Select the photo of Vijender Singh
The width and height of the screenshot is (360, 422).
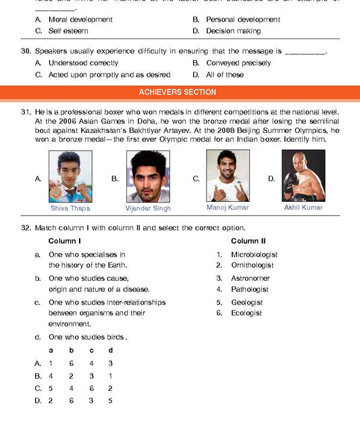148,176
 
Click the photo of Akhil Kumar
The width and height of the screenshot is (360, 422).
303,176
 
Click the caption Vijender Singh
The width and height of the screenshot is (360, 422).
148,208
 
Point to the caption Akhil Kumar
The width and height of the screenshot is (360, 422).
303,208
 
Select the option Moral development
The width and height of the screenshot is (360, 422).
80,20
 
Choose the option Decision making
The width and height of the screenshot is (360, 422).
233,31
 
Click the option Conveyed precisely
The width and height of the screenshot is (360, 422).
238,63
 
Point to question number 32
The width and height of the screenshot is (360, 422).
26,228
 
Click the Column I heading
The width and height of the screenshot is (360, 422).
65,241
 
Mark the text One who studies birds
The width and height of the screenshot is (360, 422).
88,337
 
